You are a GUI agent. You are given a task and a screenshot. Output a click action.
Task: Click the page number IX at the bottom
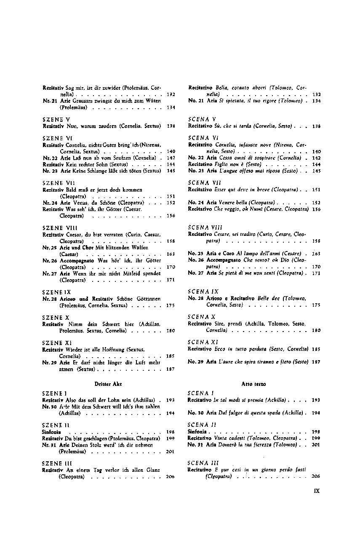point(317,491)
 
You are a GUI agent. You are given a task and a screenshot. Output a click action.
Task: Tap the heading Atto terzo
point(253,384)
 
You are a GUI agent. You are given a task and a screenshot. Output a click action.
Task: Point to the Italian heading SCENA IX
point(203,292)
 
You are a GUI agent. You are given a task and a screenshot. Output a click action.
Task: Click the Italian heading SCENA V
point(202,119)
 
